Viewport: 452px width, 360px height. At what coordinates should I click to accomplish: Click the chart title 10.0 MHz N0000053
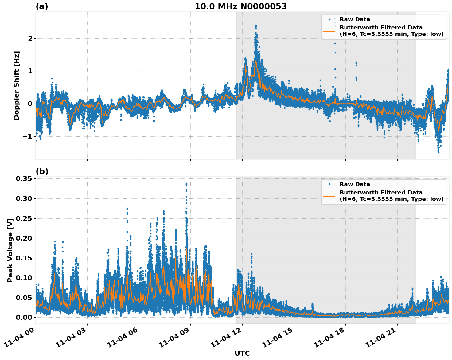coord(240,6)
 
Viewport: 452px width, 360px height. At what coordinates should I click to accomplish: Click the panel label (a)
coord(42,6)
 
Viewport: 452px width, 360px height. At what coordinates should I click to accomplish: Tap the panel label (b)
coord(42,171)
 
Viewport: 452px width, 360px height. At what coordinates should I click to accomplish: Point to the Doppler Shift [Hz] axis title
coord(17,85)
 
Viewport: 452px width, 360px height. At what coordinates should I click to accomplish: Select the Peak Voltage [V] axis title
coord(10,250)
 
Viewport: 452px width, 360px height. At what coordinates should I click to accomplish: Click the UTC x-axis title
coord(242,353)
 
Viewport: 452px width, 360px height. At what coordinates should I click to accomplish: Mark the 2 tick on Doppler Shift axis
coord(30,38)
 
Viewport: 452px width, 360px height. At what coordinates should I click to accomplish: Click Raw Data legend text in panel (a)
coord(355,19)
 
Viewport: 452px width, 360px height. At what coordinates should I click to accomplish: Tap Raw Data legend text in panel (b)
coord(355,184)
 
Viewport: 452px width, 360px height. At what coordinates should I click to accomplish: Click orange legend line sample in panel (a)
coord(329,31)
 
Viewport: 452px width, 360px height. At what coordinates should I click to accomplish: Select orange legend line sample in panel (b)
coord(329,196)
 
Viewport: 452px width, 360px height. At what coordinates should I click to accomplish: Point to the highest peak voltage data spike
coord(186,184)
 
